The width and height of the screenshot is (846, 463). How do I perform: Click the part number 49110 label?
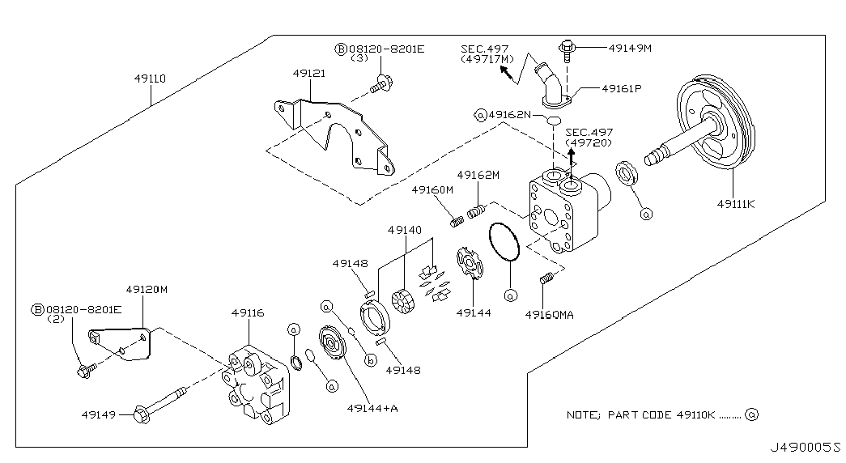tap(150, 80)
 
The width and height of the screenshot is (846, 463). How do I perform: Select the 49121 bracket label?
tap(309, 74)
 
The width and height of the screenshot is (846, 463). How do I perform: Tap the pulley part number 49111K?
tap(735, 204)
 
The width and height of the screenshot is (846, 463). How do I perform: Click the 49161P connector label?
tap(621, 89)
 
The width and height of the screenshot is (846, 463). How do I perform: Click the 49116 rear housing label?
tap(248, 312)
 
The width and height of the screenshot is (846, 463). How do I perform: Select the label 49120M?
tap(147, 289)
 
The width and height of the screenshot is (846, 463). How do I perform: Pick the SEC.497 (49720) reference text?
tap(589, 137)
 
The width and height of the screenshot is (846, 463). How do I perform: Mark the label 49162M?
tap(478, 175)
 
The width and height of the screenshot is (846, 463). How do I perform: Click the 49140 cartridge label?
tap(405, 230)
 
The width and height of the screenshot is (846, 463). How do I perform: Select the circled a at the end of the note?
tap(752, 415)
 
